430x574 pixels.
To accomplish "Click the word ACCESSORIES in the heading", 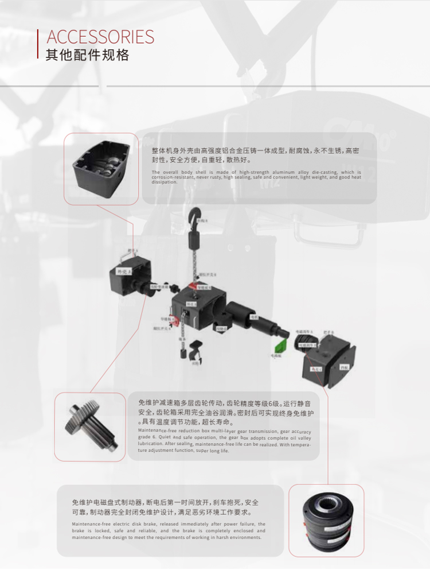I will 100,37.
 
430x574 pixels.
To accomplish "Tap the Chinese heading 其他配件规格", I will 87,55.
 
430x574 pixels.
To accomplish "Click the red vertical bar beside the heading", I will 38,44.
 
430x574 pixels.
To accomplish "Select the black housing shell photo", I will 101,167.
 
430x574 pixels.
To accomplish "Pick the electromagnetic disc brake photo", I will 326,521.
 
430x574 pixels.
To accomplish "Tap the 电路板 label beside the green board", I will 276,356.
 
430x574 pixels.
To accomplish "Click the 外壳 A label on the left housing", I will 123,271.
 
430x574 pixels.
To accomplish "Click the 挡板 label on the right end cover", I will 344,366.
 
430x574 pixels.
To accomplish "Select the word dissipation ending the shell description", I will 165,183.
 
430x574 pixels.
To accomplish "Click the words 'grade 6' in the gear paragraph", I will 146,437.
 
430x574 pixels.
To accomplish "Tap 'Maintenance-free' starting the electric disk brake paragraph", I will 90,524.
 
